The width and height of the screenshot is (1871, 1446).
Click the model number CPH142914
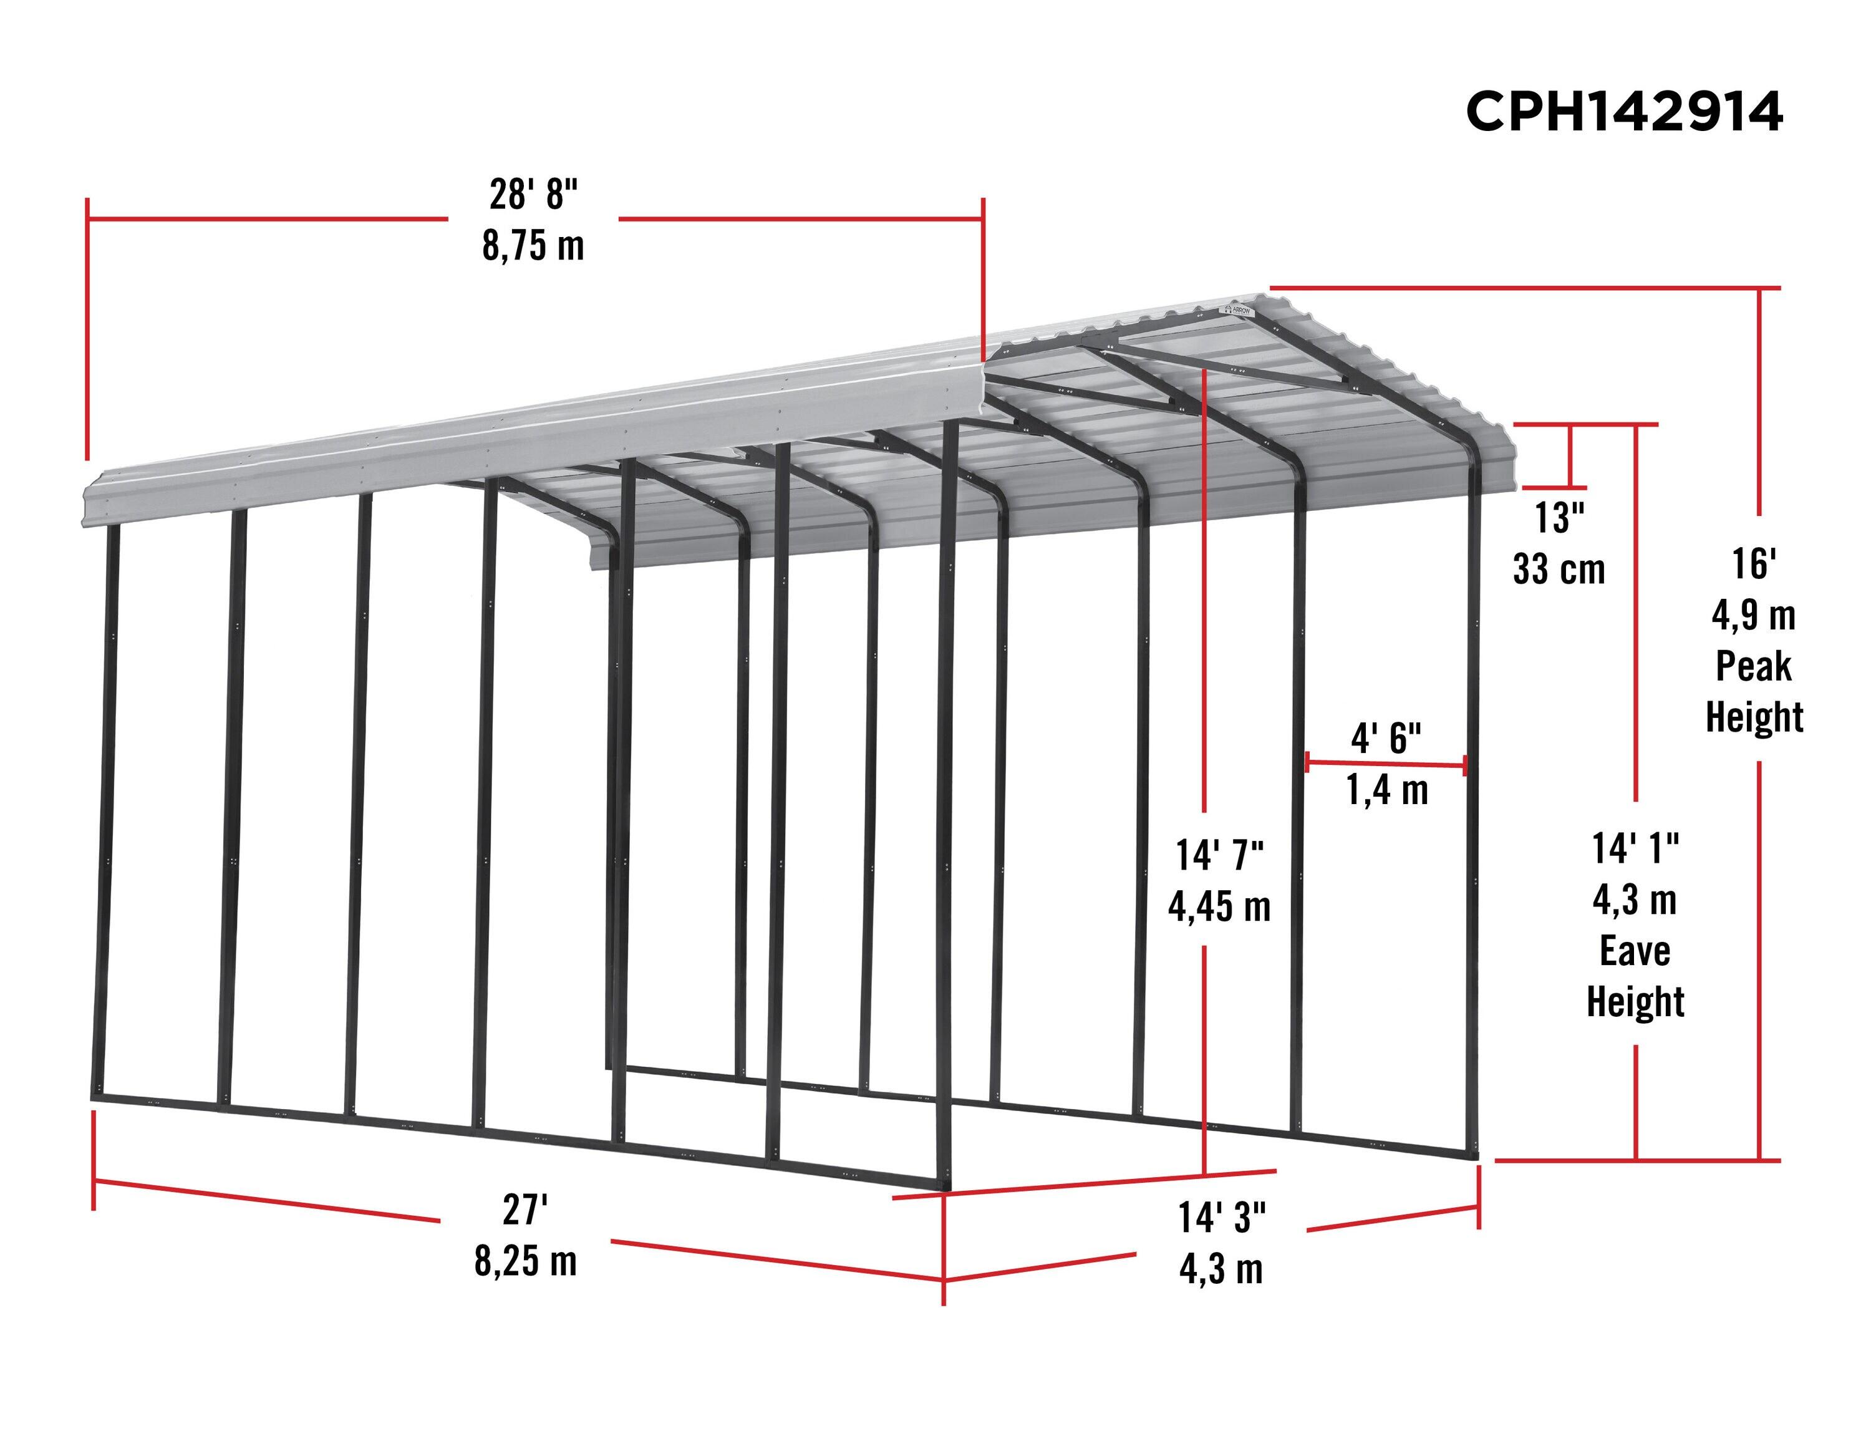click(x=1623, y=112)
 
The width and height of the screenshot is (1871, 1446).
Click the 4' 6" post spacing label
click(x=1386, y=737)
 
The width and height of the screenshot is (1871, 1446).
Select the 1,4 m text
click(x=1387, y=790)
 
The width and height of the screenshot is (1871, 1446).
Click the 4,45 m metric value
click(x=1219, y=906)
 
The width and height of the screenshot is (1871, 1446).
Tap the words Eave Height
click(x=1635, y=976)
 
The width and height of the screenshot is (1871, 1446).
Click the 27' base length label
click(x=525, y=1210)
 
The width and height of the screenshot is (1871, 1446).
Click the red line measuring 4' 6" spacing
click(x=1386, y=764)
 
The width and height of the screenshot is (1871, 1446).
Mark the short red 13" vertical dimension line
click(x=1570, y=456)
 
